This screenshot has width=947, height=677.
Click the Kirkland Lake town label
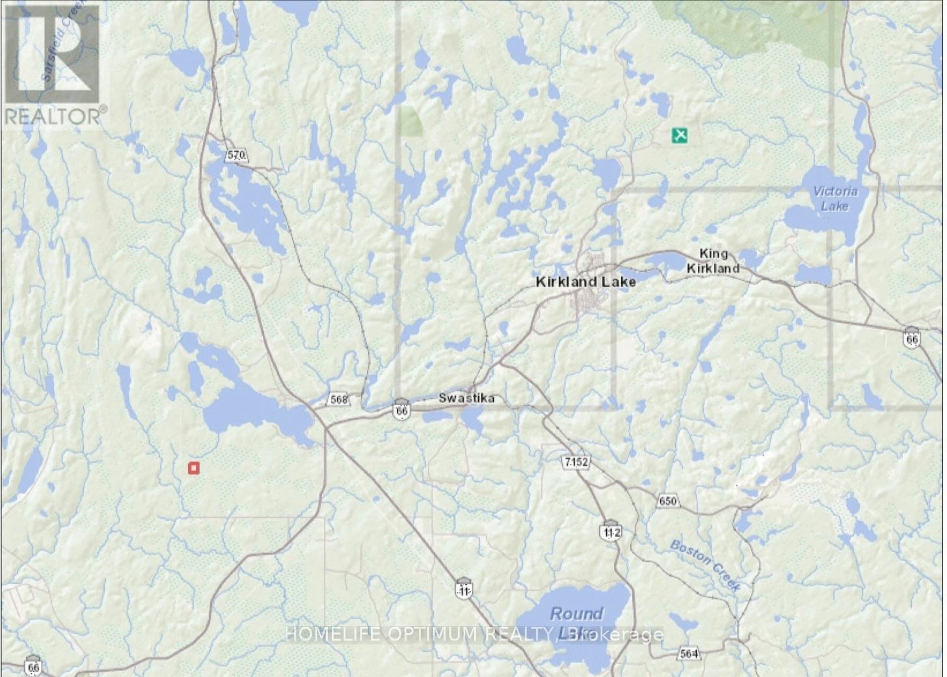click(x=585, y=282)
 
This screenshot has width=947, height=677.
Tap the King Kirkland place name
click(x=714, y=260)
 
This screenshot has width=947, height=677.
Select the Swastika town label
click(x=466, y=398)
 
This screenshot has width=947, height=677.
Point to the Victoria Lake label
click(x=835, y=198)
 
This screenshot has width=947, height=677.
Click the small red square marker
click(x=193, y=467)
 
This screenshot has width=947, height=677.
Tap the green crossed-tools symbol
click(x=680, y=135)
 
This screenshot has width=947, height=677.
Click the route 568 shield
click(x=339, y=399)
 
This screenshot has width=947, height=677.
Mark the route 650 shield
click(x=667, y=501)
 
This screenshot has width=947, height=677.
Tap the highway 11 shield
click(x=463, y=589)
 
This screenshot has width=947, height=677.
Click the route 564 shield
click(x=689, y=654)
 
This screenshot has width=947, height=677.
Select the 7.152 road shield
click(x=576, y=462)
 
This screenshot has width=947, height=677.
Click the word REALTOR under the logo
click(x=52, y=116)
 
